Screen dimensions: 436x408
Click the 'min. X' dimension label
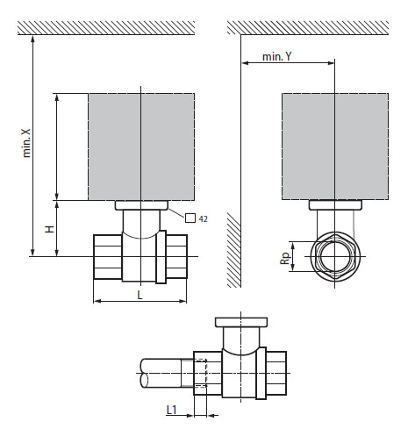point(26,141)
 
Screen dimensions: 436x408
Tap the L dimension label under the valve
point(140,295)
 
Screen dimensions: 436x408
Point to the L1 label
point(174,409)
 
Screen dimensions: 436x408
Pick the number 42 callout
point(203,218)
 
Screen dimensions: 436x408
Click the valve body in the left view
point(140,256)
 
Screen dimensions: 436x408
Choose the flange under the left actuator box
point(140,205)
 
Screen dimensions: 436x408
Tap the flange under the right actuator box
point(333,205)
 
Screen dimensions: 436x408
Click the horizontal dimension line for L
point(114,302)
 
